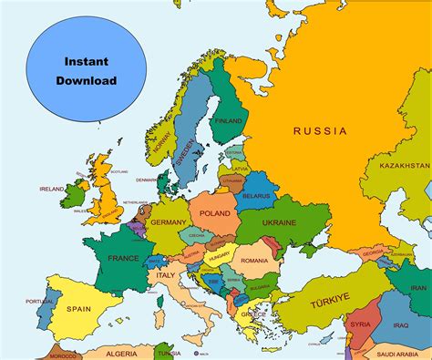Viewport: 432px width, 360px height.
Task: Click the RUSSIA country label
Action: tap(320, 131)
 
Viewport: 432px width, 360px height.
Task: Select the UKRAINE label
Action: tap(279, 222)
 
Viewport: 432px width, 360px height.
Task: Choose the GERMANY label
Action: tap(168, 222)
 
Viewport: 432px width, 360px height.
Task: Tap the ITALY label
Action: tap(165, 274)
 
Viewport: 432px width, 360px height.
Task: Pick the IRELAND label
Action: tap(51, 190)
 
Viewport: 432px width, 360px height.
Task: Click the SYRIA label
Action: tap(360, 324)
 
